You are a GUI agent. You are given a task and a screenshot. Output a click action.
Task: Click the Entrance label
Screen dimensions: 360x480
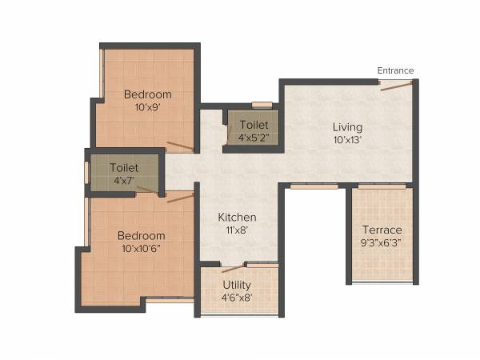coord(395,71)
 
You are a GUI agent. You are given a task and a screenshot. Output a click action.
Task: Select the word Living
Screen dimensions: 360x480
coord(348,127)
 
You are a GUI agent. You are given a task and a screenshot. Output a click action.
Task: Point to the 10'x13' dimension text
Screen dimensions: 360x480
coord(348,140)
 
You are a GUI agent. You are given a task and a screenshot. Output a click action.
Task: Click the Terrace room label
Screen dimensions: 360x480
coord(382,230)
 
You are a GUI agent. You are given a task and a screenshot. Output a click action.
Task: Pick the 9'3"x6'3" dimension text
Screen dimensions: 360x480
coord(382,243)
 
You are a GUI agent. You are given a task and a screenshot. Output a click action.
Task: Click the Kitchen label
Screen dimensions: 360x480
coord(238,217)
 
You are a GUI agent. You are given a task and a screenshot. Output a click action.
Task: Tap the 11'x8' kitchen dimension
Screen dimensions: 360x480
coord(238,230)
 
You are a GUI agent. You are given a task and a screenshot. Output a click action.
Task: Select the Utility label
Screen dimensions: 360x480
coord(238,285)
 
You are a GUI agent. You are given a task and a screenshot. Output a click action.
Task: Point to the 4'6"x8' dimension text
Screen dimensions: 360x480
coord(238,297)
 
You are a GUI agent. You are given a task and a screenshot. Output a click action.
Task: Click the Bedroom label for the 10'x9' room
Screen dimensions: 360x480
coord(148,94)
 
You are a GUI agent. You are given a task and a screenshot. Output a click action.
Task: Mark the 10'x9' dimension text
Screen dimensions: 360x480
coord(148,107)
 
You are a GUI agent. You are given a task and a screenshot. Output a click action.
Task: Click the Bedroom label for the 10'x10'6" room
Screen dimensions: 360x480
coord(141,235)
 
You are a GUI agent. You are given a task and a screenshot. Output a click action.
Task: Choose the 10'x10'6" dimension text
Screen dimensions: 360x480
coord(141,248)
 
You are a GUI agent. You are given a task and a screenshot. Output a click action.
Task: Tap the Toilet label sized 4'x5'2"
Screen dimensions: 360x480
coord(254,125)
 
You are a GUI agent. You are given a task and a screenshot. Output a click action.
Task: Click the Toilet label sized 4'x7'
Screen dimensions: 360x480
coord(124,168)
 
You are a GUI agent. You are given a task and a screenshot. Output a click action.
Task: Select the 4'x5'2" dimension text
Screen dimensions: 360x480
coord(254,138)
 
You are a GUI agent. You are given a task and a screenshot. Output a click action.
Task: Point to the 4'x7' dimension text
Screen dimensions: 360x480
coord(124,181)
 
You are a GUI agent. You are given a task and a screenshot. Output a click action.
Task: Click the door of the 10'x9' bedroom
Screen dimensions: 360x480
coord(180,146)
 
